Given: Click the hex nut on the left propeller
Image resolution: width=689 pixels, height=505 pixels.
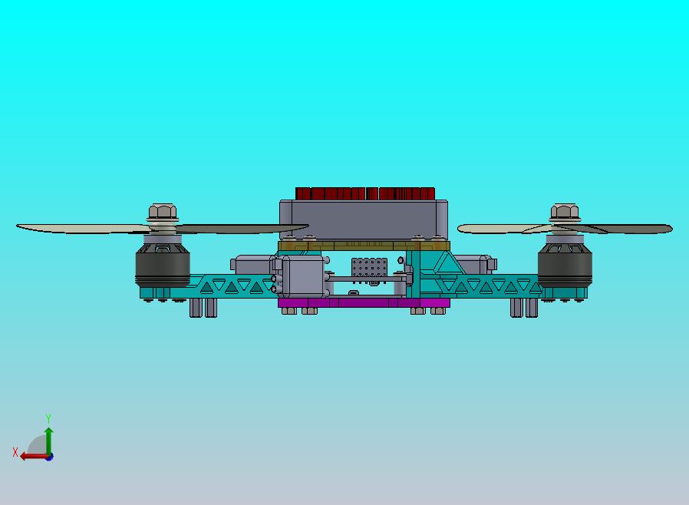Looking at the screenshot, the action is pyautogui.click(x=163, y=211).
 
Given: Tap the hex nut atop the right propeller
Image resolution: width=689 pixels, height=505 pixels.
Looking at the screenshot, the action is pyautogui.click(x=565, y=211).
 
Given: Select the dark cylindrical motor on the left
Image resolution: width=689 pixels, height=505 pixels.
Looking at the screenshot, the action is pyautogui.click(x=163, y=265).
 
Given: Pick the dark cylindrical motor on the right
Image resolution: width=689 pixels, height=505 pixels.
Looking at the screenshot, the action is pyautogui.click(x=565, y=265).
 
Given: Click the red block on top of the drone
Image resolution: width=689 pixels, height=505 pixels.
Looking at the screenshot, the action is pyautogui.click(x=365, y=194).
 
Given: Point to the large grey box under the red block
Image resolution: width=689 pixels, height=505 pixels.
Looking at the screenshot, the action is pyautogui.click(x=364, y=219).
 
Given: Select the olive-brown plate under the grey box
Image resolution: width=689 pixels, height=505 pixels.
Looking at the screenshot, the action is pyautogui.click(x=364, y=246).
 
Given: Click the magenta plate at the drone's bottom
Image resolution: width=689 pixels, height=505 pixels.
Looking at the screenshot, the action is pyautogui.click(x=364, y=303).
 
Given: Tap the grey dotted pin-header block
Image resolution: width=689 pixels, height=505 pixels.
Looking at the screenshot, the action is pyautogui.click(x=369, y=268).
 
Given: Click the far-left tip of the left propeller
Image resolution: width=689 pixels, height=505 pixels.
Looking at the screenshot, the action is pyautogui.click(x=17, y=226).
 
